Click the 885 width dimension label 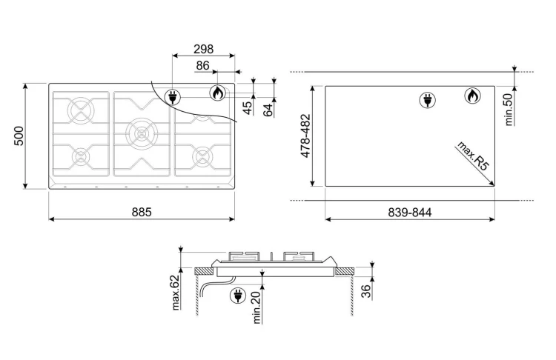pyautogui.click(x=142, y=212)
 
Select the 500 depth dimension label pyautogui.click(x=19, y=136)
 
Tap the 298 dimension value pyautogui.click(x=204, y=49)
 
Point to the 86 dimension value pyautogui.click(x=202, y=65)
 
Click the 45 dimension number pyautogui.click(x=249, y=107)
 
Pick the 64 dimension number pyautogui.click(x=269, y=110)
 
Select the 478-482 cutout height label pyautogui.click(x=305, y=136)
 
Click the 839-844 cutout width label pyautogui.click(x=409, y=213)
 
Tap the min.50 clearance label pyautogui.click(x=509, y=110)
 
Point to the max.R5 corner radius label pyautogui.click(x=473, y=156)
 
